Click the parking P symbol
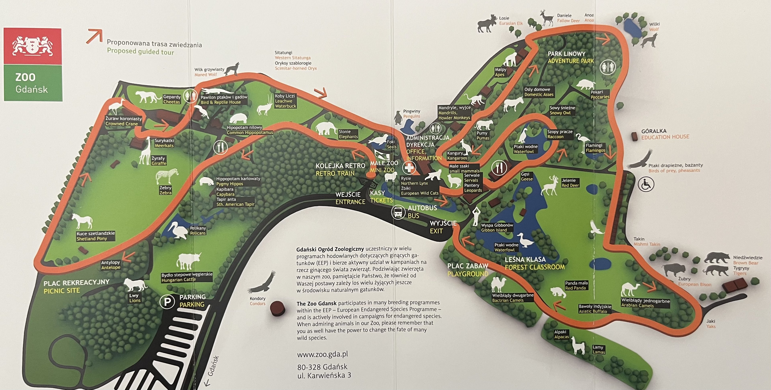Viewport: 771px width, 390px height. point(167,301)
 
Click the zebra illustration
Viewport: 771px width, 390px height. point(167,176)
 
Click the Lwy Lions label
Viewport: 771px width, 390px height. point(135,298)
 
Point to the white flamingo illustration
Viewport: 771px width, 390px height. point(582,142)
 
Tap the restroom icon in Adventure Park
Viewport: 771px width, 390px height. point(607,67)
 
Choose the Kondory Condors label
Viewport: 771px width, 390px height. point(257,301)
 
